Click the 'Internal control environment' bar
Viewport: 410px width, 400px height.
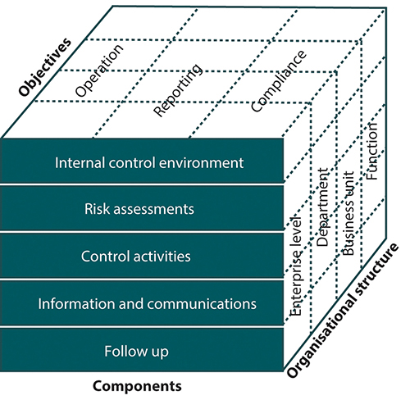pyautogui.click(x=144, y=161)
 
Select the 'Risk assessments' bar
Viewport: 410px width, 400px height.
pyautogui.click(x=144, y=208)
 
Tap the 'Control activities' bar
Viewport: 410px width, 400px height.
pyautogui.click(x=144, y=256)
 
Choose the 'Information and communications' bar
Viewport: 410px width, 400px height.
pyautogui.click(x=144, y=303)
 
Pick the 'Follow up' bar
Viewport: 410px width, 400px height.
pyautogui.click(x=144, y=351)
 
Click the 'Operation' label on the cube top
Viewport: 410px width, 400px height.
pyautogui.click(x=99, y=67)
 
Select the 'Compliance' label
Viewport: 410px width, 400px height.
pyautogui.click(x=279, y=80)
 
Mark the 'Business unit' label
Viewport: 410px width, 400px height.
pyautogui.click(x=348, y=214)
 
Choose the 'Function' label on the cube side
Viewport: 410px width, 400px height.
pyautogui.click(x=374, y=157)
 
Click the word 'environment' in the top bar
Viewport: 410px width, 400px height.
pyautogui.click(x=200, y=161)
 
